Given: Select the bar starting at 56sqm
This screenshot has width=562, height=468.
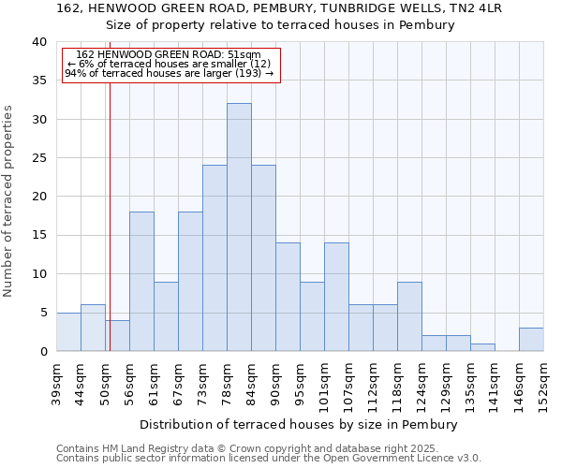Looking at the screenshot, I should (x=141, y=282).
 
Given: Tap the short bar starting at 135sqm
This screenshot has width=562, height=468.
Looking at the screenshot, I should (x=482, y=347).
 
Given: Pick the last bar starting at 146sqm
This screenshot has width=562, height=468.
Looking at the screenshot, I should (x=531, y=340).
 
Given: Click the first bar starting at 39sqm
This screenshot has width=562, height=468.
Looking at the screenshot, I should (x=68, y=332).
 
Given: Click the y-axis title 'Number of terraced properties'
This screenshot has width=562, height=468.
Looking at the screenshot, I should (x=9, y=201).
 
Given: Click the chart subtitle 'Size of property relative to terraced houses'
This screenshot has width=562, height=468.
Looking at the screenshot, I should (x=280, y=25).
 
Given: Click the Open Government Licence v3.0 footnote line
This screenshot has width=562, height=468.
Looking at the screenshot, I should (x=268, y=459).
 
